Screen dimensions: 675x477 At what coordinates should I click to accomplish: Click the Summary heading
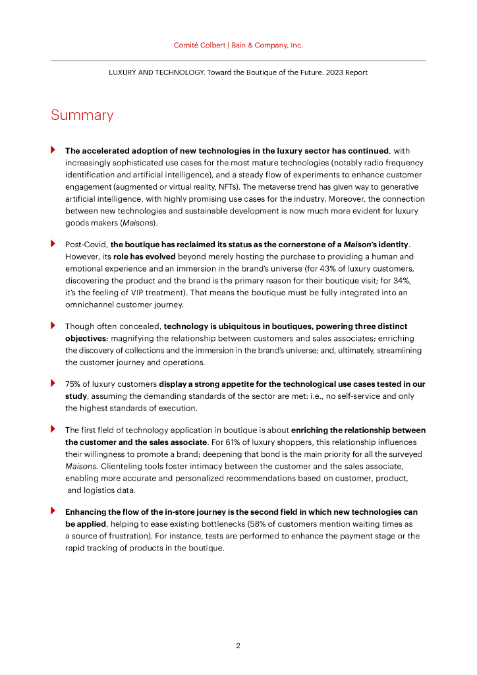coord(82,115)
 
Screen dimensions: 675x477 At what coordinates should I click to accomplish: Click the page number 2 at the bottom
coord(238,646)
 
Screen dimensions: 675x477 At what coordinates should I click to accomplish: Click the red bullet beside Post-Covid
coord(53,243)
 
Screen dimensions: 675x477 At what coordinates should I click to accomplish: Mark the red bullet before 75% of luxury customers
coord(53,383)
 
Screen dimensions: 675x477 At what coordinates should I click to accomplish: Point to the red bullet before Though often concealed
coord(53,326)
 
